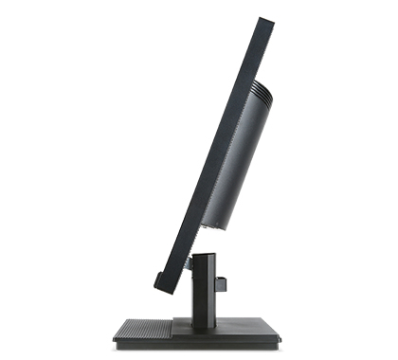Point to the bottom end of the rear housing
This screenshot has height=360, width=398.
point(219,225)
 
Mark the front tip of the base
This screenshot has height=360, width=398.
point(115,336)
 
